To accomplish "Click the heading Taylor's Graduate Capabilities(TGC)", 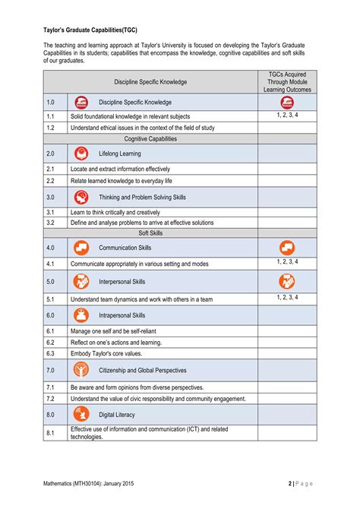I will click(94, 31).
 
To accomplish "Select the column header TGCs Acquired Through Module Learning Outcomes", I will click(287, 81).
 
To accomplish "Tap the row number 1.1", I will click(50, 116).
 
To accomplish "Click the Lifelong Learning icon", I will click(81, 153).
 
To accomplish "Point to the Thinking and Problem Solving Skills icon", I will click(81, 197).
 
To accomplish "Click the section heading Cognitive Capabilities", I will click(150, 139).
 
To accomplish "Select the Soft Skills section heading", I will click(150, 233).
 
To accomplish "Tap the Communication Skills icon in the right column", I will click(287, 248).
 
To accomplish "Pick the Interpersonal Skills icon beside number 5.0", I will click(81, 281).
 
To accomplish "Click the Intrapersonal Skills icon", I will click(81, 315).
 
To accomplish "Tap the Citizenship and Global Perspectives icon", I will click(81, 370).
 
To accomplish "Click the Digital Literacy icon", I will click(81, 415).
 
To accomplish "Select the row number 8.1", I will click(50, 433).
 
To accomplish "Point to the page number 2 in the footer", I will click(290, 483).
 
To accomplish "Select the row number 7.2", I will click(50, 398).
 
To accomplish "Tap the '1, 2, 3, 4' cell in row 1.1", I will click(287, 115).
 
